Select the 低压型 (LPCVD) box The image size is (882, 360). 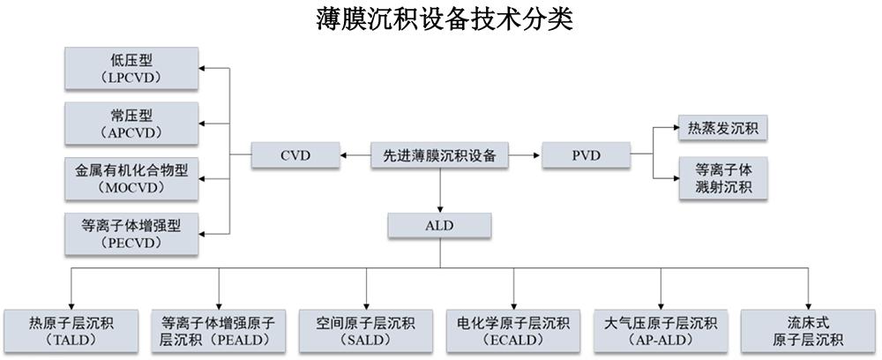133,68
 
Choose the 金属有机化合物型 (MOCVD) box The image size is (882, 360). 133,176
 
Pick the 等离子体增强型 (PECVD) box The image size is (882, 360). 133,231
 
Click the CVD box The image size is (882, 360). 295,156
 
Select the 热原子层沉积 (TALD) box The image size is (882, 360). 71,330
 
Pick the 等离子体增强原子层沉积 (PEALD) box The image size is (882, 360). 219,330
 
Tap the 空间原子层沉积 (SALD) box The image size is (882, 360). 365,330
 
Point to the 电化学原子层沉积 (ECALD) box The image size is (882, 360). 512,330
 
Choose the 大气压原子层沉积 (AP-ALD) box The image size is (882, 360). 661,330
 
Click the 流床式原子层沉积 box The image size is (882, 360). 808,330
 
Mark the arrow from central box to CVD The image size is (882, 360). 355,156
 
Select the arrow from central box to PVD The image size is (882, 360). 526,156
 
